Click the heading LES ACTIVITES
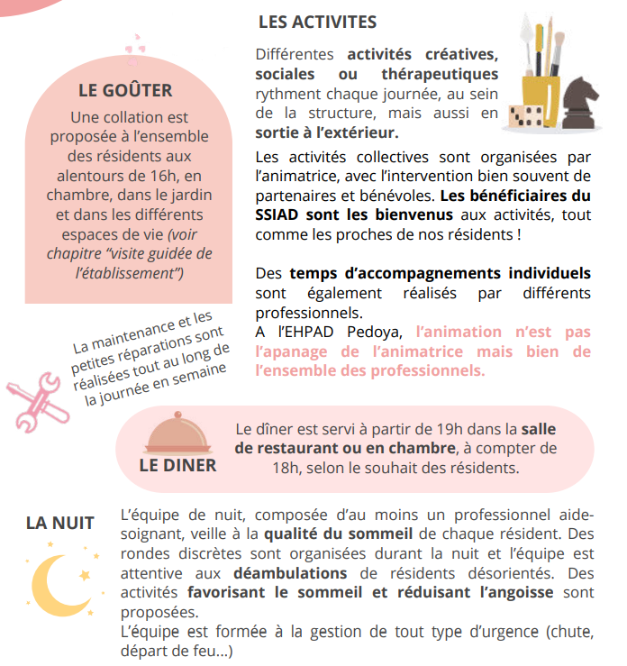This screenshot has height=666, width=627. tap(317, 22)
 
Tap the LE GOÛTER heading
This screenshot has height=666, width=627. tap(125, 90)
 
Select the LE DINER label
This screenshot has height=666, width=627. tap(177, 465)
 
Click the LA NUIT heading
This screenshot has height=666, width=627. tap(60, 523)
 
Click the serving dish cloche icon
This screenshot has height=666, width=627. tap(177, 435)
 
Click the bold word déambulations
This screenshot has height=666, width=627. tap(290, 572)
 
